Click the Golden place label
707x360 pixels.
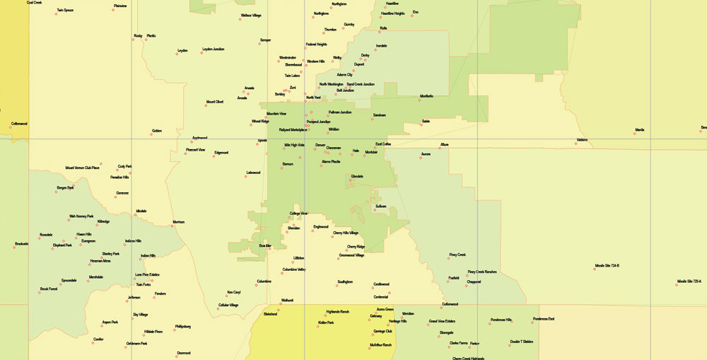pos(157,130)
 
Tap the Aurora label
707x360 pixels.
pos(426,153)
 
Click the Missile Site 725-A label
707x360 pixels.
pos(689,281)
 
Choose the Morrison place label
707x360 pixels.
pos(178,222)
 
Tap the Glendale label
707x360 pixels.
pos(357,176)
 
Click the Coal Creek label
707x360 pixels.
pos(35,3)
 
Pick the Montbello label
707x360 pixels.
pos(426,96)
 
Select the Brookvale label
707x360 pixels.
pos(21,244)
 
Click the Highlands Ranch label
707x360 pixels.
pos(338,311)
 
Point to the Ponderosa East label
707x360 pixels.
pos(544,319)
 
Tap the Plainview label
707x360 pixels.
pos(120,6)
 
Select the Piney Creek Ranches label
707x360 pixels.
pos(482,272)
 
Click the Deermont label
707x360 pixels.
pos(184,352)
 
